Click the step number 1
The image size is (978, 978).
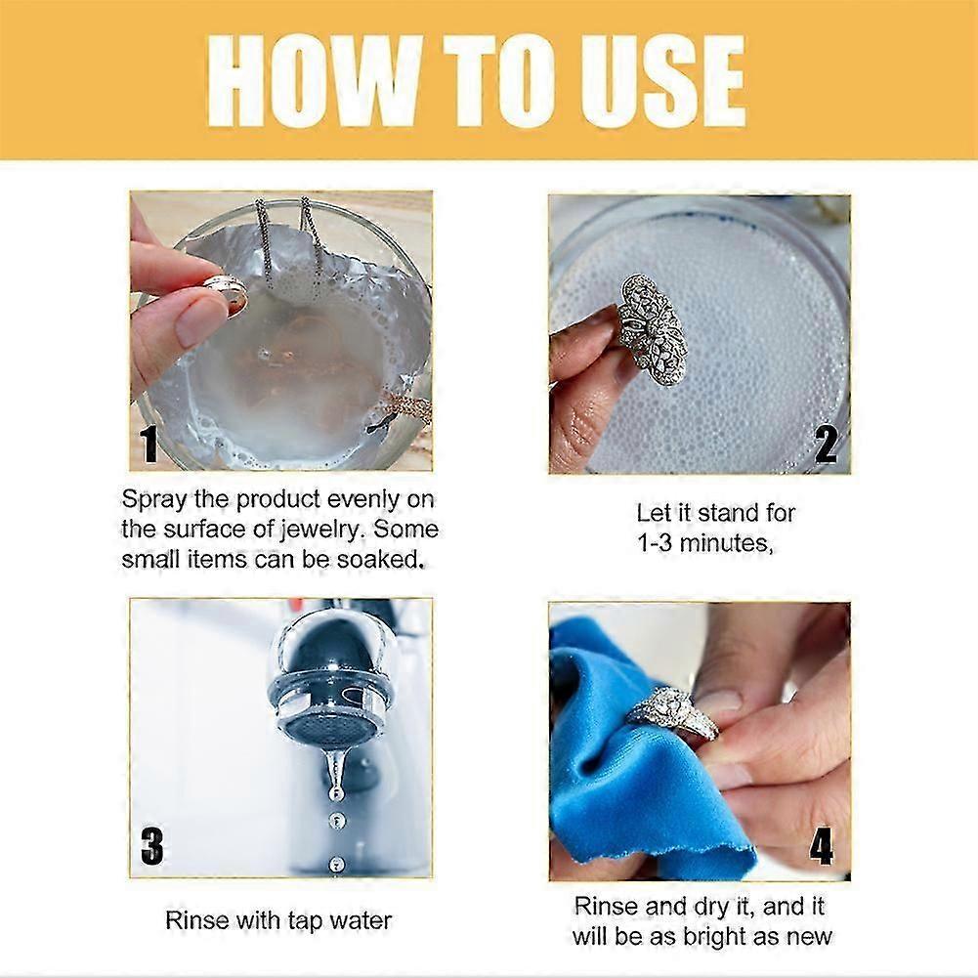(x=149, y=444)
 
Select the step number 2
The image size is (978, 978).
(x=826, y=446)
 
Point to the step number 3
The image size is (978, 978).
(x=151, y=846)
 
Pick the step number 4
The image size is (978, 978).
(x=821, y=846)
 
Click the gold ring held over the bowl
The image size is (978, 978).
(x=225, y=294)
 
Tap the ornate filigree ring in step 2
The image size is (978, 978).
(x=653, y=328)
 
